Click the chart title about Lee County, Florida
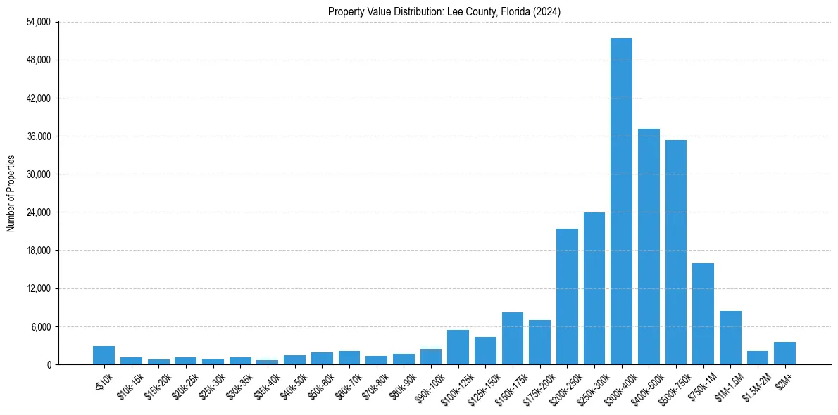click(444, 12)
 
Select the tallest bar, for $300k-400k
click(621, 201)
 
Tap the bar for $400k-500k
click(649, 246)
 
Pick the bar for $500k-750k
click(676, 252)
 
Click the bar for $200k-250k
click(567, 296)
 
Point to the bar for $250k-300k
click(594, 288)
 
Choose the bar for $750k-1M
click(703, 314)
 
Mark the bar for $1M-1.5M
click(730, 338)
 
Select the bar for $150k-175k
click(513, 338)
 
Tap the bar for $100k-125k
click(458, 347)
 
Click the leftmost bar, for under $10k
click(104, 355)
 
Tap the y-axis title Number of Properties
click(11, 193)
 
